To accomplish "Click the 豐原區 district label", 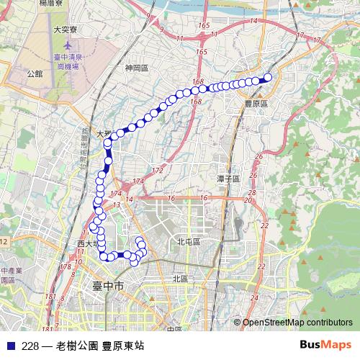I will click(x=256, y=104).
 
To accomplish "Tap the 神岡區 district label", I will click(x=136, y=69).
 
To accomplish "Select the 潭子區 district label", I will click(x=228, y=177).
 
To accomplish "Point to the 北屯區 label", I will click(x=189, y=242).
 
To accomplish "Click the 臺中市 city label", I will click(x=109, y=287).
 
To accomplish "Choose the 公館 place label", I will click(x=35, y=73).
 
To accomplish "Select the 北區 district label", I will click(x=180, y=278).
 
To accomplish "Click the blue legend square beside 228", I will click(x=10, y=345).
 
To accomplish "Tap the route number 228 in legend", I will click(x=30, y=345).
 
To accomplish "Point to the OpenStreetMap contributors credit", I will click(x=297, y=323).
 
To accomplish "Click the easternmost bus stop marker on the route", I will click(x=268, y=77).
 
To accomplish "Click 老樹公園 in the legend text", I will click(x=76, y=345).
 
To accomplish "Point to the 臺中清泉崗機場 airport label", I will click(x=67, y=60).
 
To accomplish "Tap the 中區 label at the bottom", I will click(x=173, y=329).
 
